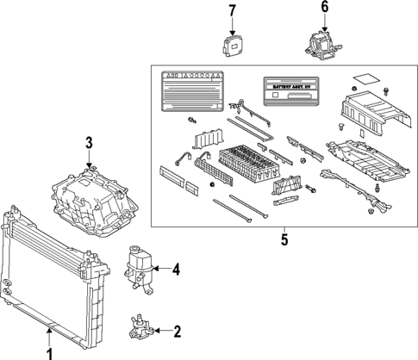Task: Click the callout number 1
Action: pyautogui.click(x=49, y=351)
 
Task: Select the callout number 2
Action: pyautogui.click(x=178, y=331)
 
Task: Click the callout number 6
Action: pyautogui.click(x=325, y=8)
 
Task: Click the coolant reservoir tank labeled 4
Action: pyautogui.click(x=138, y=262)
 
